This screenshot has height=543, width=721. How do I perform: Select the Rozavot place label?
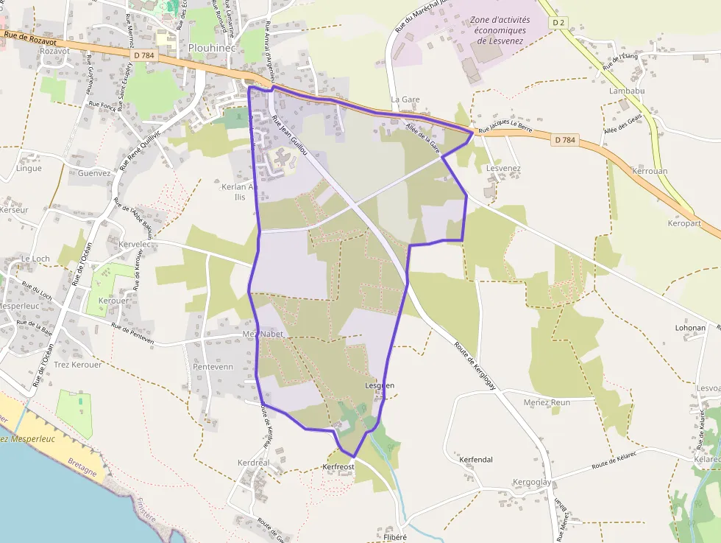(x=55, y=51)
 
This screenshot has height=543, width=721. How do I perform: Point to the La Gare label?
(x=405, y=99)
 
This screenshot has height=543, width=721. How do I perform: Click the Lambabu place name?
(x=627, y=91)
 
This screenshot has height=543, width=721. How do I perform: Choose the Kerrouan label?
(x=650, y=170)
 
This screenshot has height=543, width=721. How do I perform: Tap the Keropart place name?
(x=684, y=223)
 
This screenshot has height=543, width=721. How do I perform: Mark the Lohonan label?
(x=690, y=328)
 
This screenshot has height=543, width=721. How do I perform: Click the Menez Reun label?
(x=547, y=402)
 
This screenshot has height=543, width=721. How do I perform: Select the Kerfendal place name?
(x=475, y=459)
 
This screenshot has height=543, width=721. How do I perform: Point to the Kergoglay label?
(x=531, y=482)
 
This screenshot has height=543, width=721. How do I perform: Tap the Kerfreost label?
(x=338, y=466)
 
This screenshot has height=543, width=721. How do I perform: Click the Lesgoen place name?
(x=380, y=385)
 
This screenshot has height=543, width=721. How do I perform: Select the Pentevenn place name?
(x=213, y=366)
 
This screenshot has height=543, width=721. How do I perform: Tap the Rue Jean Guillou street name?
(x=288, y=132)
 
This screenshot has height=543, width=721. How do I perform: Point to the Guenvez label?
(x=94, y=173)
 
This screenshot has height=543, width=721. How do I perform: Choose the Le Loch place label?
(x=35, y=259)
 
